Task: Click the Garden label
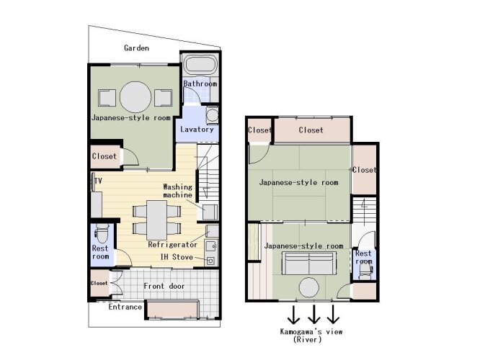click(136, 48)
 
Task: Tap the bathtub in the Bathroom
click(201, 65)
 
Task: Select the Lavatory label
click(197, 130)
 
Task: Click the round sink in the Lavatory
click(212, 115)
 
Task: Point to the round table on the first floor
click(135, 97)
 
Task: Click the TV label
click(98, 181)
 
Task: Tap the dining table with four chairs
click(156, 220)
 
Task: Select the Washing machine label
click(177, 191)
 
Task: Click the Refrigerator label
click(173, 245)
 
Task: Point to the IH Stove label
click(177, 257)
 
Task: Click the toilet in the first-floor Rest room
click(102, 233)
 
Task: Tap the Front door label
click(164, 287)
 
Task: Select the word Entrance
click(125, 307)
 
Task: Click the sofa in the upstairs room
click(309, 264)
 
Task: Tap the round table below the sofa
click(309, 287)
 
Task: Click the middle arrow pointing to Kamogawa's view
click(314, 314)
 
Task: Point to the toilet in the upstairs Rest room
click(365, 271)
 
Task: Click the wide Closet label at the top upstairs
click(311, 130)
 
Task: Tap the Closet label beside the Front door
click(99, 283)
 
